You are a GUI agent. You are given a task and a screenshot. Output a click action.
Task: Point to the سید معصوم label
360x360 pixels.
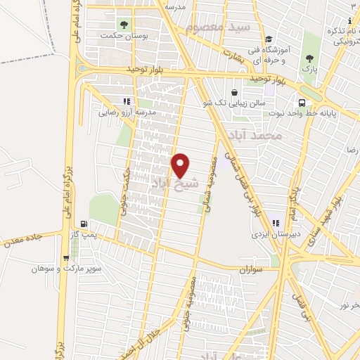coord(219,27)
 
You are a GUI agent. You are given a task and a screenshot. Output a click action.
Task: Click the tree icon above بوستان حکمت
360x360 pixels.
coord(124,23)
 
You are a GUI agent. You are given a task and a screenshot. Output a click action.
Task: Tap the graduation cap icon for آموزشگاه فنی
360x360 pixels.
coord(268,39)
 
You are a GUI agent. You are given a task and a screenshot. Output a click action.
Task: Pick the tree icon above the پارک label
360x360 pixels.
coord(309,58)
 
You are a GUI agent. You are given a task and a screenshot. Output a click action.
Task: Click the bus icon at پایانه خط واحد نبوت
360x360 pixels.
coord(303,91)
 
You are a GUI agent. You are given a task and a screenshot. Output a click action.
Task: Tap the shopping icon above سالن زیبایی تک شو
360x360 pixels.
coord(234,92)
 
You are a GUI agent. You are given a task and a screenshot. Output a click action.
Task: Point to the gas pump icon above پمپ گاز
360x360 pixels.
coord(84,224)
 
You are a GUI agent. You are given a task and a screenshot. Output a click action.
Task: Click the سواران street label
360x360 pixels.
coord(250,269)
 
